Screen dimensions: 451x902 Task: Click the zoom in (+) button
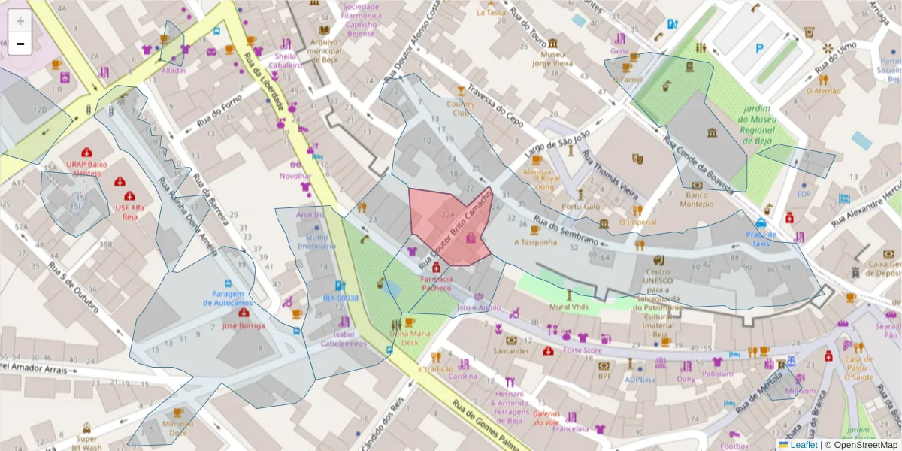click(20, 21)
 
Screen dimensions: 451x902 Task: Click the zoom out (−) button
click(20, 44)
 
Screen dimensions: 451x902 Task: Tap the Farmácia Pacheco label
click(436, 283)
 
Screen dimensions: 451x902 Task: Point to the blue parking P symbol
click(759, 48)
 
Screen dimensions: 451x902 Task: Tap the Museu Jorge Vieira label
click(552, 59)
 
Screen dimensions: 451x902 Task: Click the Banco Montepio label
click(696, 199)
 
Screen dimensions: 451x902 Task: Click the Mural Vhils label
click(570, 307)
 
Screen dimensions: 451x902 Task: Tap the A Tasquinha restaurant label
click(535, 242)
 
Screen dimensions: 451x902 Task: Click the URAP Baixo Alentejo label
click(86, 168)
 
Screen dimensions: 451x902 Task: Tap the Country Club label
click(461, 108)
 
